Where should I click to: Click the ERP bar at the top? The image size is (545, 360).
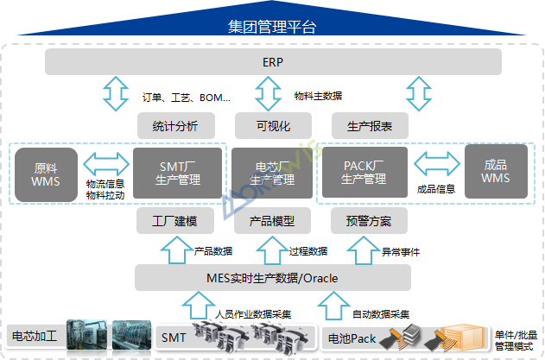point(273,62)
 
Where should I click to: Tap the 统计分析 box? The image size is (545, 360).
point(175,127)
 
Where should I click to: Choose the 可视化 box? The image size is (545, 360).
point(272,127)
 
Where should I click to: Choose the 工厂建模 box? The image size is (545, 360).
point(175,222)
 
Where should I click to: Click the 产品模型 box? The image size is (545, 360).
point(272,222)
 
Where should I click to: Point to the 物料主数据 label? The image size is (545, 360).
point(318,96)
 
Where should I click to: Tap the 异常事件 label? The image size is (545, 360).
point(401,251)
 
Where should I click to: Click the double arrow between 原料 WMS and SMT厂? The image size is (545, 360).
point(105,163)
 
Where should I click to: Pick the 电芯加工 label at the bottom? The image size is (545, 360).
point(35,336)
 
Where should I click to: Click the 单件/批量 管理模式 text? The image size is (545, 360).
point(516,340)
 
